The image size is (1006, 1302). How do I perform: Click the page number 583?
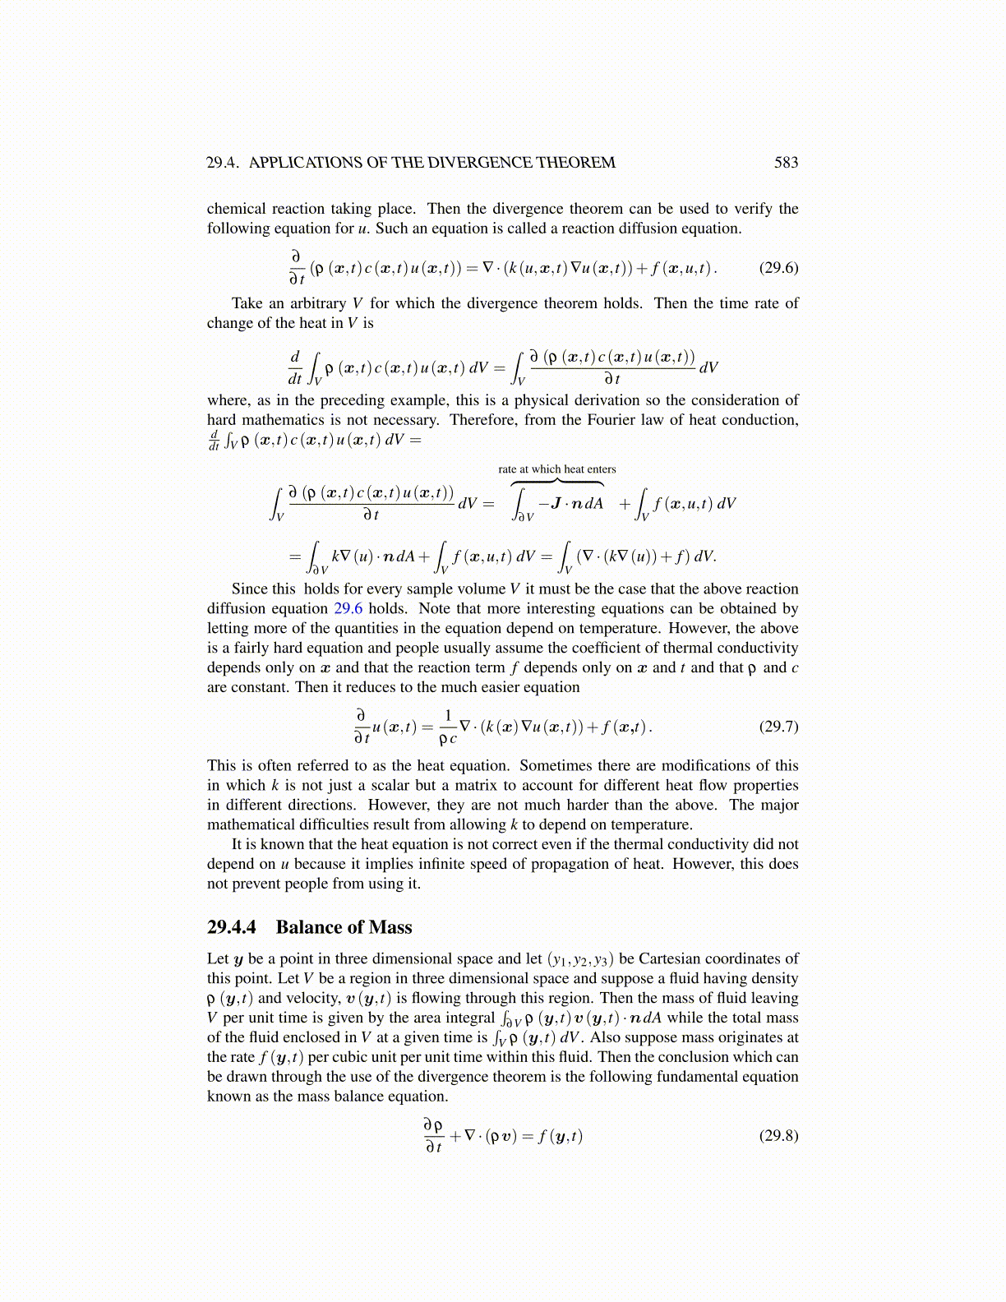tap(786, 163)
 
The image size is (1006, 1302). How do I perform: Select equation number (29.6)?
tap(778, 267)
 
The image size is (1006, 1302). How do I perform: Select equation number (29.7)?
tap(778, 726)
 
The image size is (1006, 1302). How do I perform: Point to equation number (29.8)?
tap(778, 1135)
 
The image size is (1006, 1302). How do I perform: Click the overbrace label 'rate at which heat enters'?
tap(556, 469)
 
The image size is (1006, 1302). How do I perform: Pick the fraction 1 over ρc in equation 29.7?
tap(448, 727)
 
